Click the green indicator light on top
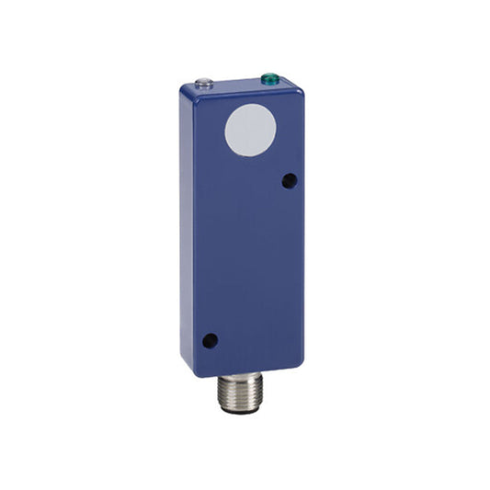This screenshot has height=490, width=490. (x=271, y=79)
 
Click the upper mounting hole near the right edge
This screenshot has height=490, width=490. (x=290, y=181)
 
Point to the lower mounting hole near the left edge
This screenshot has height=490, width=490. (x=210, y=340)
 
